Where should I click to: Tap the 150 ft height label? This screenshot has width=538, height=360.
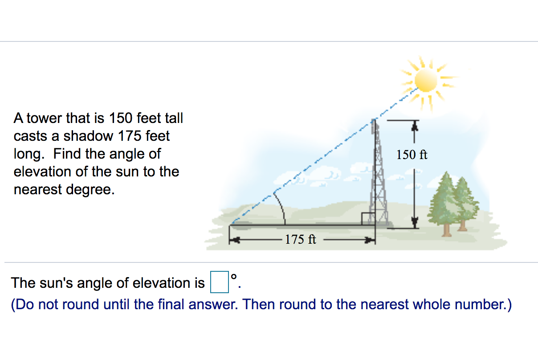point(412,155)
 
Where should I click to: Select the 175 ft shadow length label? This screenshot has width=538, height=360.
point(301,240)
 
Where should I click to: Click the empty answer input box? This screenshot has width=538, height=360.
point(219,283)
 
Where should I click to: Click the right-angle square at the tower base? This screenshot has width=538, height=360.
point(367,219)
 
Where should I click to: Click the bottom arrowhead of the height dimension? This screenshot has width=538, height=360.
point(415,222)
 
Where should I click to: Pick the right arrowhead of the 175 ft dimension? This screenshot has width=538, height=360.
point(371,240)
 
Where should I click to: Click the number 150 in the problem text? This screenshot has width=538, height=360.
point(121,119)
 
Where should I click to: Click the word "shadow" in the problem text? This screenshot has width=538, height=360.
point(87,136)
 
